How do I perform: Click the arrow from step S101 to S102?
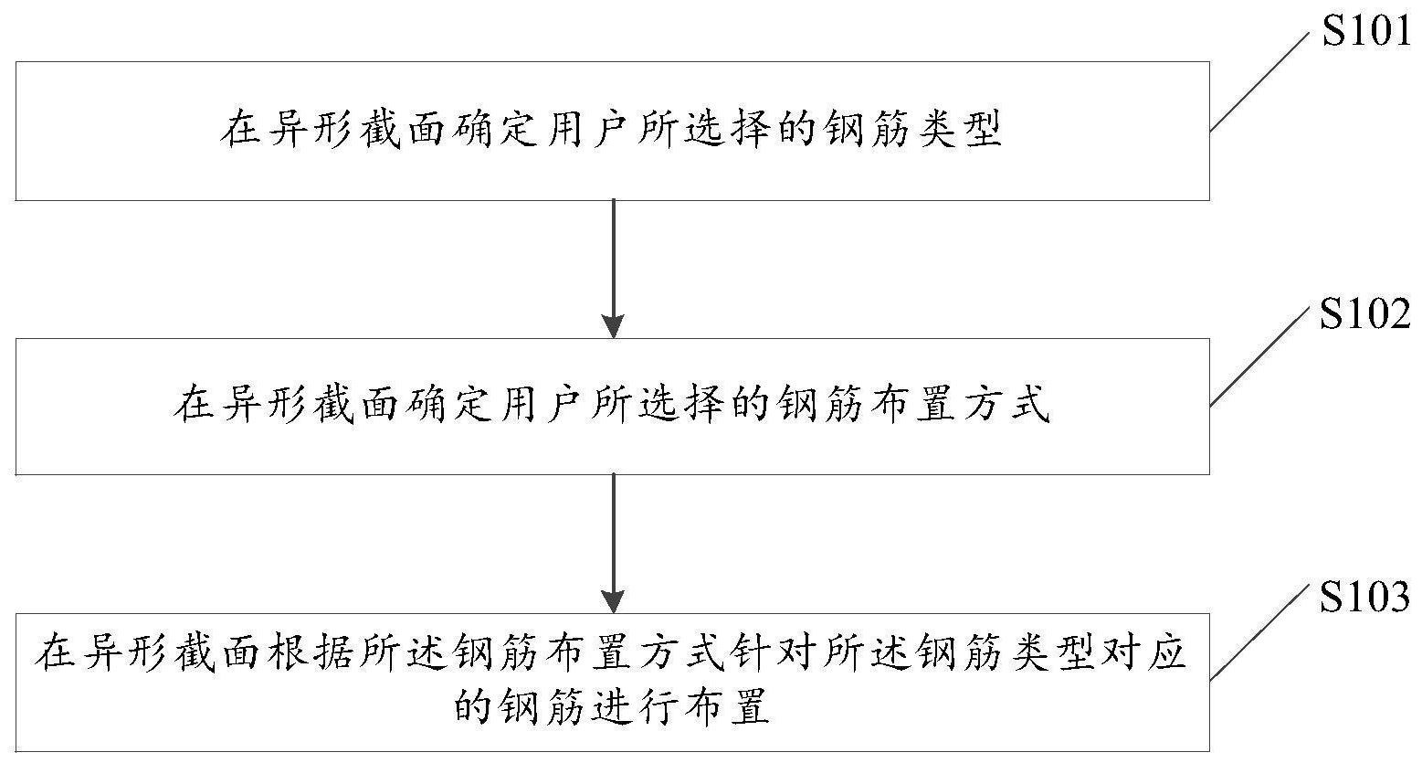tap(613, 269)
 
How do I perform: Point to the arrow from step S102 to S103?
tap(613, 544)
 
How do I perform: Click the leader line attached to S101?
tap(1259, 81)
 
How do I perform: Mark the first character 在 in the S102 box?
tap(193, 405)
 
